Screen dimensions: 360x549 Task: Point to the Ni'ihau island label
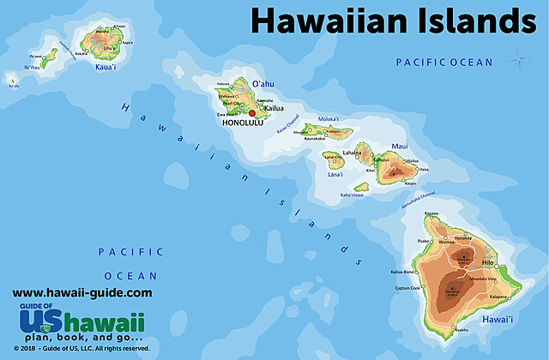[32, 67]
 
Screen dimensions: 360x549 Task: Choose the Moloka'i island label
[327, 119]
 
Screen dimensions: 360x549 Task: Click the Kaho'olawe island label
[356, 195]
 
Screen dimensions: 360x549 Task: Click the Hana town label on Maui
[423, 169]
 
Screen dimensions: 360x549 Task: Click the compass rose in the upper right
[518, 59]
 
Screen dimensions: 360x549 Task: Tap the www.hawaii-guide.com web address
[82, 292]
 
